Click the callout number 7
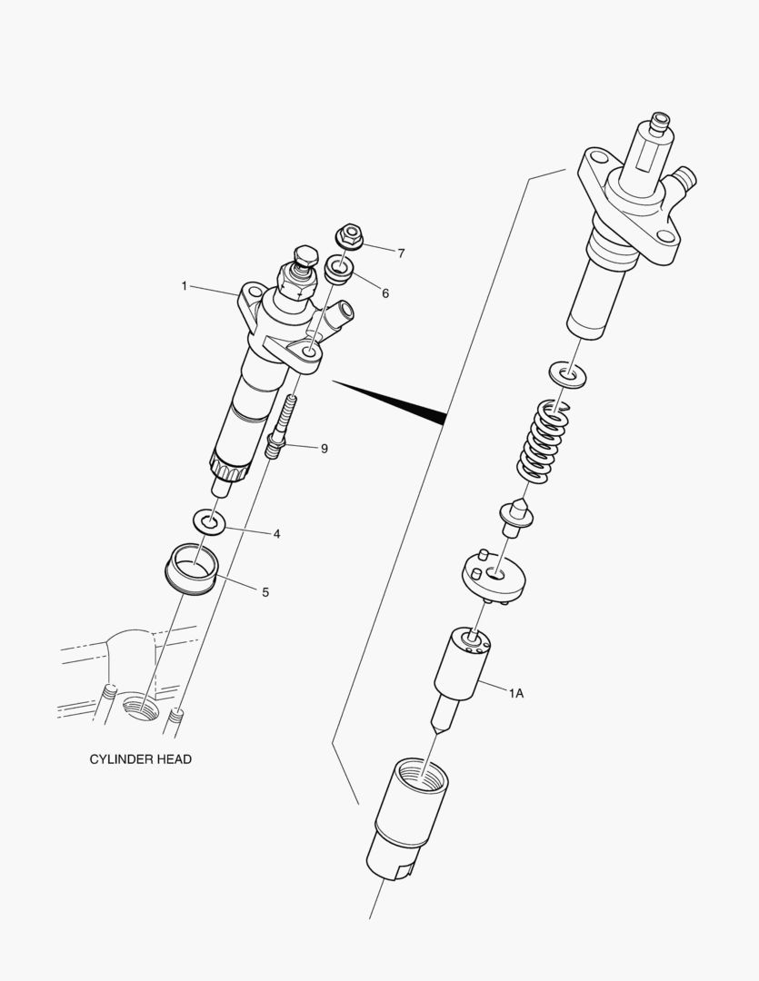(x=401, y=253)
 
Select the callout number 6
(x=385, y=293)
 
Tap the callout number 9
(x=325, y=448)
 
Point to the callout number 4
(x=276, y=534)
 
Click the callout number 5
(x=265, y=592)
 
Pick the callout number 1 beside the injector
(x=184, y=286)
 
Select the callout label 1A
(x=515, y=693)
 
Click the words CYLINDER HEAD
(x=140, y=759)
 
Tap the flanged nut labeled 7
(x=350, y=235)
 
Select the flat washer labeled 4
(x=210, y=522)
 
